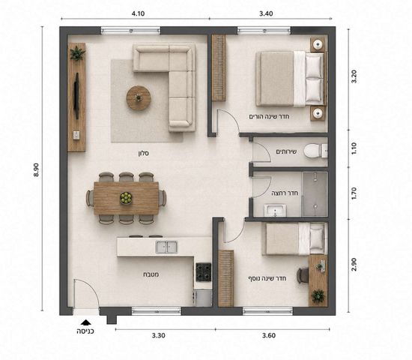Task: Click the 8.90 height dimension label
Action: pyautogui.click(x=36, y=170)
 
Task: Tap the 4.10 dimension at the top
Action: pyautogui.click(x=138, y=13)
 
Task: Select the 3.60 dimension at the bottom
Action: pyautogui.click(x=269, y=335)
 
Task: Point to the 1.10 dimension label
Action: pyautogui.click(x=354, y=148)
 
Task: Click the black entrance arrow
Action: pyautogui.click(x=85, y=322)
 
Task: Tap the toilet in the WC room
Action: pyautogui.click(x=315, y=151)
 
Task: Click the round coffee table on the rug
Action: pyautogui.click(x=139, y=98)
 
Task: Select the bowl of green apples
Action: pyautogui.click(x=126, y=198)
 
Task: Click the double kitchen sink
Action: pyautogui.click(x=166, y=247)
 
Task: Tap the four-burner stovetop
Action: pyautogui.click(x=203, y=272)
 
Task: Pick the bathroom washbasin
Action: pyautogui.click(x=275, y=211)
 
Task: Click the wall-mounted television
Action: pyautogui.click(x=76, y=96)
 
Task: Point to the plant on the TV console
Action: pyautogui.click(x=77, y=53)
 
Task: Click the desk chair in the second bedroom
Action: pyautogui.click(x=303, y=275)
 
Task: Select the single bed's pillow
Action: pyautogui.click(x=316, y=238)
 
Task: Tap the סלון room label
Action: pyautogui.click(x=144, y=153)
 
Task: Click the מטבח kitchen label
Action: pyautogui.click(x=151, y=274)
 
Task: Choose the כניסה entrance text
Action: pyautogui.click(x=85, y=331)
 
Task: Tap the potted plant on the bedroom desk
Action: pyautogui.click(x=318, y=295)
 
